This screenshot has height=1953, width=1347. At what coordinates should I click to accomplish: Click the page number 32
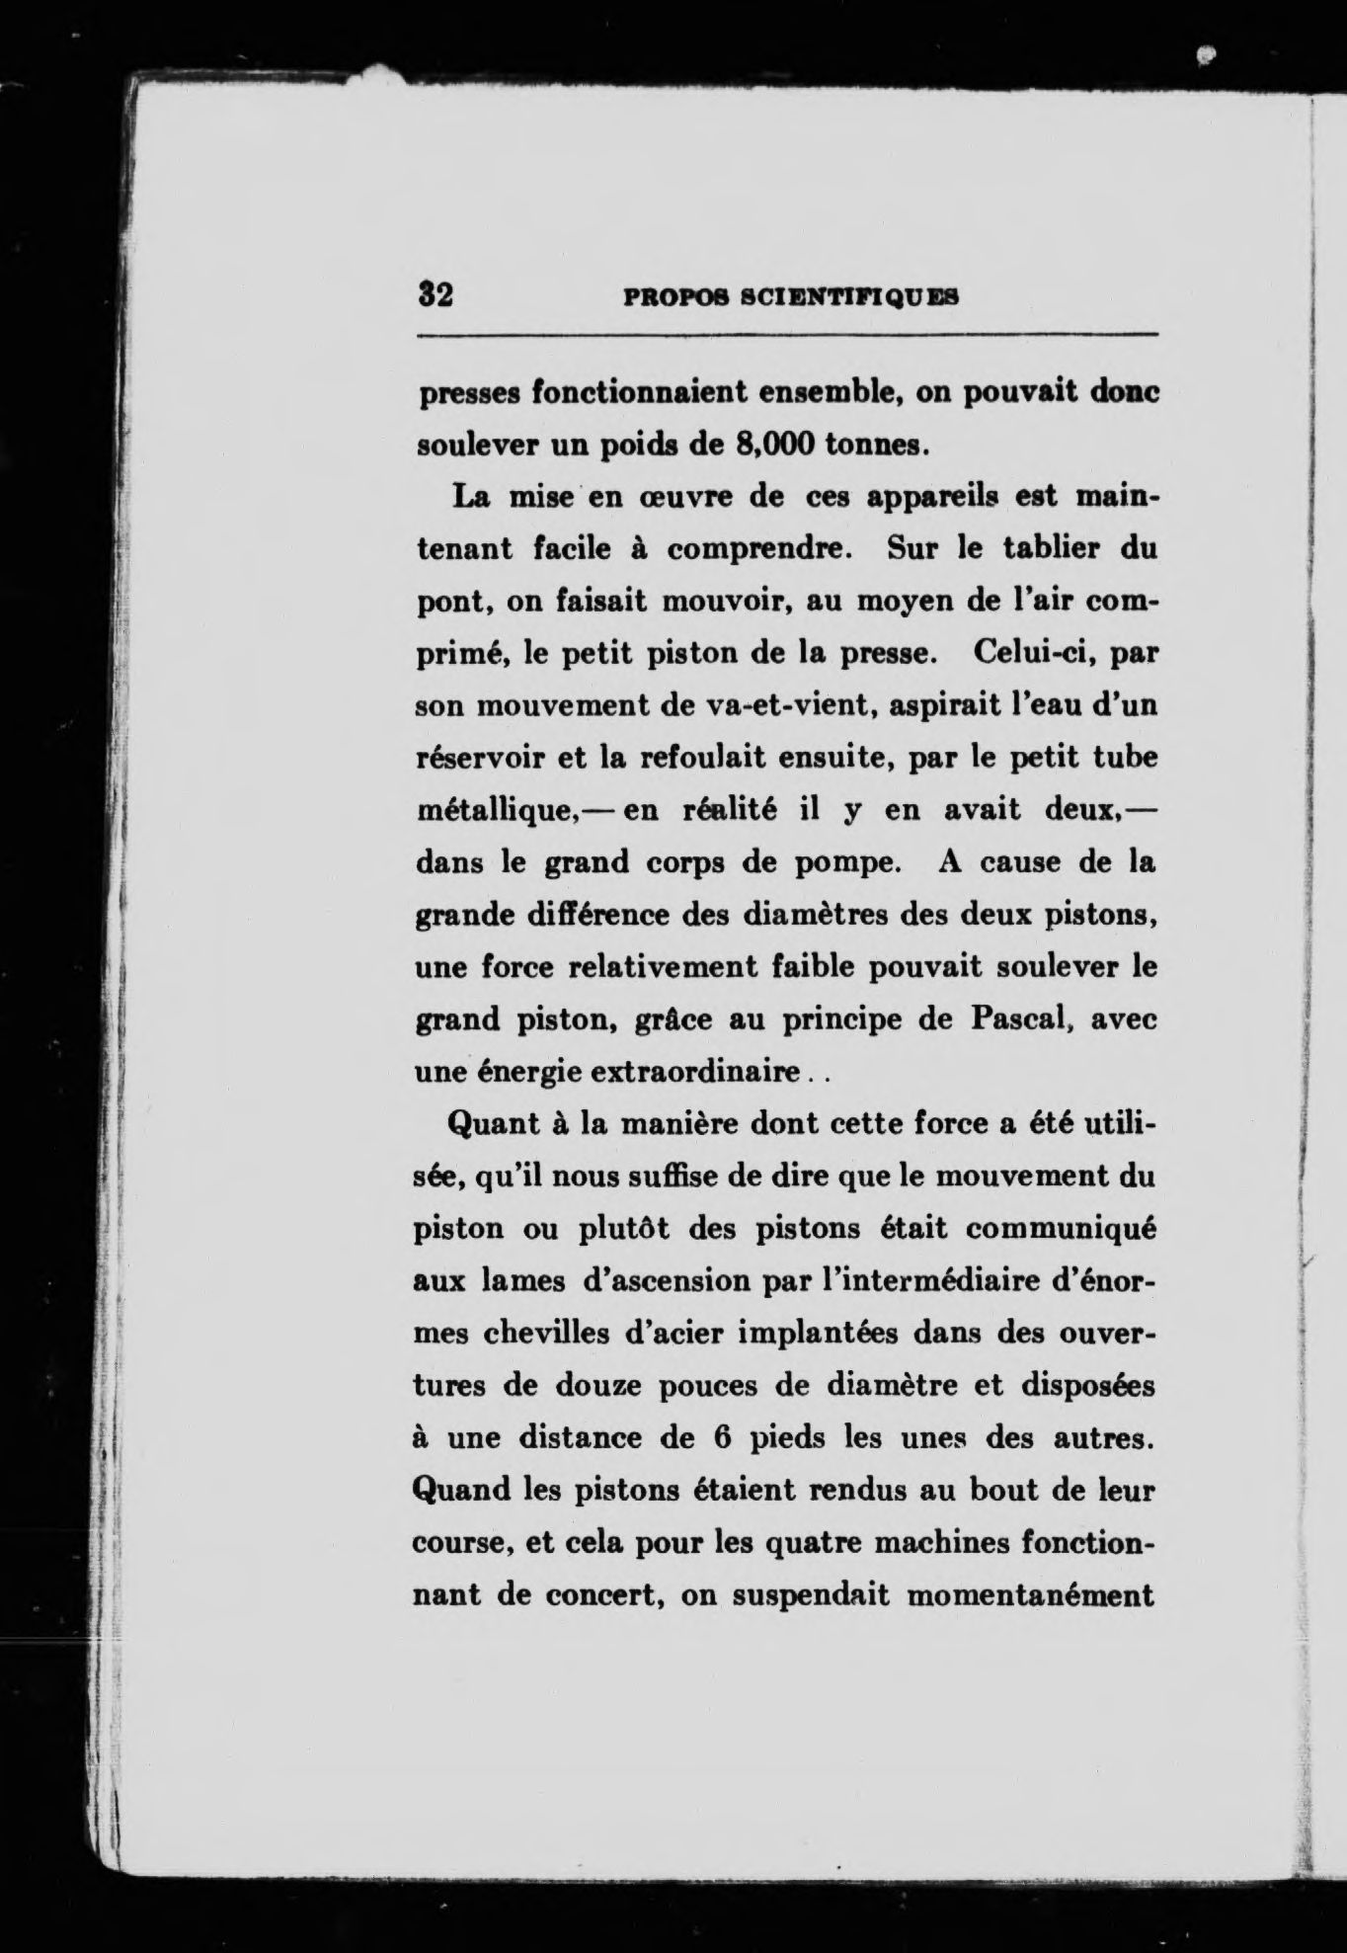click(x=435, y=294)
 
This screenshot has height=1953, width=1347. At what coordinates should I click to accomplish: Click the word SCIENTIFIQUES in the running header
click(x=849, y=295)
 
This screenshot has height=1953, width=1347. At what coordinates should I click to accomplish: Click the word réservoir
click(x=469, y=759)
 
